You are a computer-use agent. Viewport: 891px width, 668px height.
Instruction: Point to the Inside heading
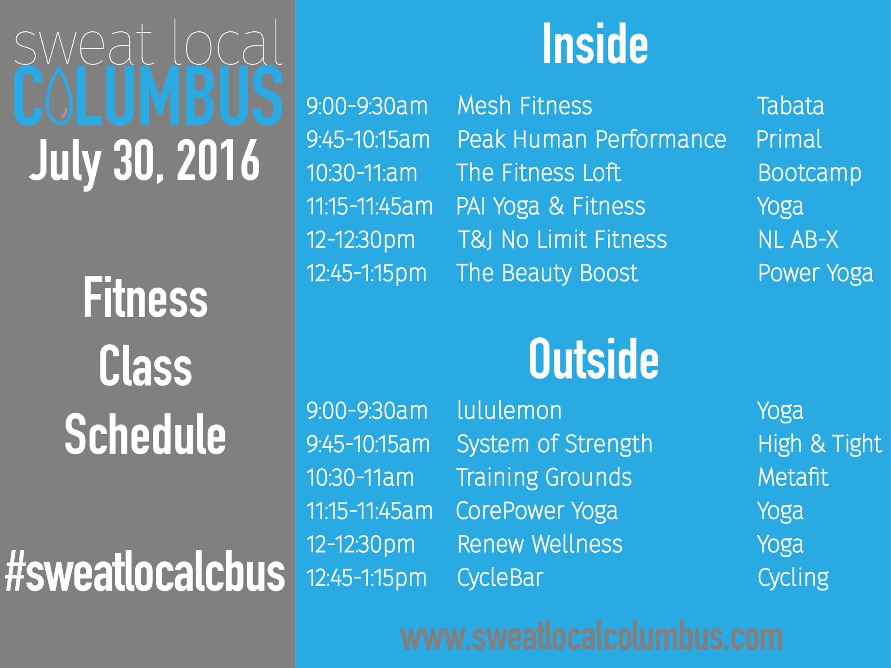coord(595,45)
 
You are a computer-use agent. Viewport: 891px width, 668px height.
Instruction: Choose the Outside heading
coord(593,359)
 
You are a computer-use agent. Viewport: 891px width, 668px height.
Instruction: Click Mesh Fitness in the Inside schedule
coord(525,106)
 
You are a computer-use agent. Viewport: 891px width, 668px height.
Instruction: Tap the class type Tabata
coord(791,106)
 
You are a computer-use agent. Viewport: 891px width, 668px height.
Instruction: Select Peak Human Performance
coord(592,139)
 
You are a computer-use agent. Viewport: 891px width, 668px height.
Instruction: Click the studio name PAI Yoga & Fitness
coord(550,207)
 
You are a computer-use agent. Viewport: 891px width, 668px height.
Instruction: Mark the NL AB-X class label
coord(798,240)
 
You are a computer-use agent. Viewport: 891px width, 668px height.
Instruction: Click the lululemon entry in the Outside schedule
coord(509,410)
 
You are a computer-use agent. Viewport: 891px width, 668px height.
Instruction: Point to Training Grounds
coord(544,478)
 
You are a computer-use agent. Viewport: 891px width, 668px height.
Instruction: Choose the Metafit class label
coord(793,477)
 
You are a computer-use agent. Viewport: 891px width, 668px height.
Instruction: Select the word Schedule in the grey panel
coord(145,434)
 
